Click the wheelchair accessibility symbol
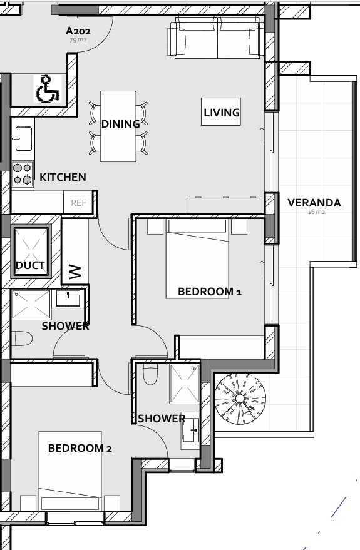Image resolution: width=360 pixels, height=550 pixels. pyautogui.click(x=48, y=89)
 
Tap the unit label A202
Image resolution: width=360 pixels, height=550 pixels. pyautogui.click(x=78, y=31)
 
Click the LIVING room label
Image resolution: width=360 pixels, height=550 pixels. pyautogui.click(x=222, y=113)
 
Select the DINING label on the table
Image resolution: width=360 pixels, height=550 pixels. pyautogui.click(x=120, y=124)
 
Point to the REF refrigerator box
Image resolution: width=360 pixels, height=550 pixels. pyautogui.click(x=78, y=203)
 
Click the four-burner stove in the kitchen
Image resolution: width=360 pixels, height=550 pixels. pyautogui.click(x=23, y=174)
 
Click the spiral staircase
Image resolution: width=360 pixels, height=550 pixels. pyautogui.click(x=240, y=399)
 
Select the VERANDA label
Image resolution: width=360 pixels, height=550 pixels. pyautogui.click(x=314, y=203)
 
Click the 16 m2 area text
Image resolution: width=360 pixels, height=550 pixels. pyautogui.click(x=317, y=212)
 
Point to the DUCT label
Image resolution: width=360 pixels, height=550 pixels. pyautogui.click(x=30, y=265)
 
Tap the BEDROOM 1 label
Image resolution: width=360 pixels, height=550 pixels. pyautogui.click(x=210, y=292)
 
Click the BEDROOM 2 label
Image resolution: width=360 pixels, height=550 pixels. pyautogui.click(x=80, y=448)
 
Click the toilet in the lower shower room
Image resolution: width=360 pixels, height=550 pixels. pyautogui.click(x=150, y=374)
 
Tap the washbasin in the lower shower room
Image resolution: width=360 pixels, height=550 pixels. pyautogui.click(x=191, y=430)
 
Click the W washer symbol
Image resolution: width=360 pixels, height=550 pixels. pyautogui.click(x=76, y=272)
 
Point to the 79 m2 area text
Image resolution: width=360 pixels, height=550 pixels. pyautogui.click(x=78, y=39)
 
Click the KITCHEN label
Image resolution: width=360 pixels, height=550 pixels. pyautogui.click(x=63, y=177)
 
